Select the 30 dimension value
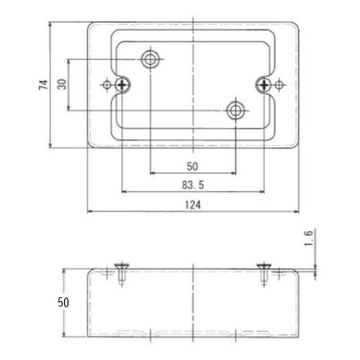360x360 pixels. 63,84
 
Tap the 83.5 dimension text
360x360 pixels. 194,185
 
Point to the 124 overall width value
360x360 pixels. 192,205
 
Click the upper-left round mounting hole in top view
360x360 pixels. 150,58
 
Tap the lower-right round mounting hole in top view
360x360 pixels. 235,110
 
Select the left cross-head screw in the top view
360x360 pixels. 125,85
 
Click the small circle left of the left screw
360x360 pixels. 107,85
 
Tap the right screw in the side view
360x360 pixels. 266,272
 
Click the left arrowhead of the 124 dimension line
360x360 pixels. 89,212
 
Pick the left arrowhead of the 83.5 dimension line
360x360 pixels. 123,192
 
